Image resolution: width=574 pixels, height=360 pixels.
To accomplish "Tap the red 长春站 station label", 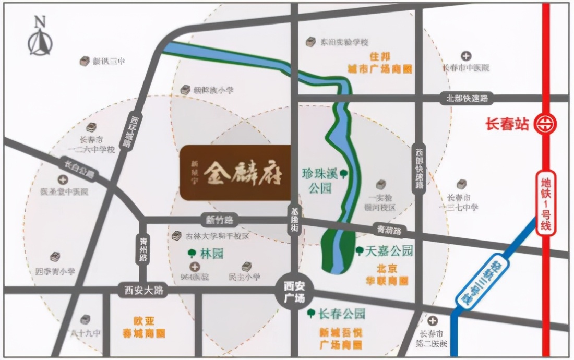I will point(507,125).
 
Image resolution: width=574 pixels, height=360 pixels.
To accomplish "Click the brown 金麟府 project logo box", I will point(235,172).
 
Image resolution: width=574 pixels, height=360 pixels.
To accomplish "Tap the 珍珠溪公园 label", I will point(320,180).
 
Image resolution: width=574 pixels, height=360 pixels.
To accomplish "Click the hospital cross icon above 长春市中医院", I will point(465,56).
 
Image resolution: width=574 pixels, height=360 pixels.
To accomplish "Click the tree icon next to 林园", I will point(192,254).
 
